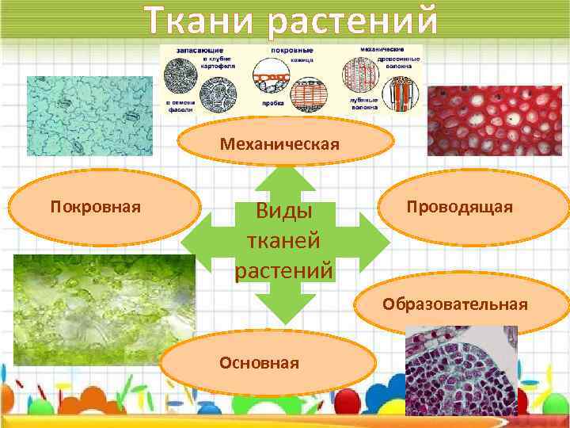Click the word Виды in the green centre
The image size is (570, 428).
click(x=284, y=212)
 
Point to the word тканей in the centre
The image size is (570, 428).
click(x=284, y=242)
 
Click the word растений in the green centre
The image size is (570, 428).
click(x=284, y=270)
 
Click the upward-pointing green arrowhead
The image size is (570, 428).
click(x=285, y=176)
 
